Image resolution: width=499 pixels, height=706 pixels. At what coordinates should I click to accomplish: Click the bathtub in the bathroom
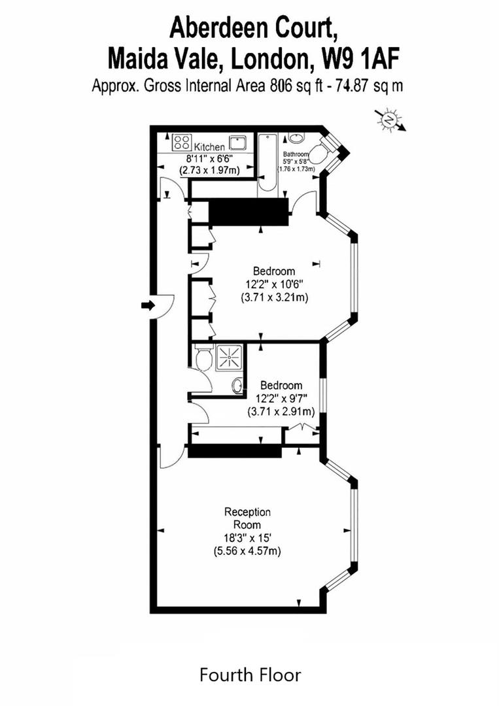pos(268,163)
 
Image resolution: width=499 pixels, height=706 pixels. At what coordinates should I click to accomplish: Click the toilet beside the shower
pos(201,359)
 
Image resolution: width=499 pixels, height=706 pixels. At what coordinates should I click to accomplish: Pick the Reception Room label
pos(247,518)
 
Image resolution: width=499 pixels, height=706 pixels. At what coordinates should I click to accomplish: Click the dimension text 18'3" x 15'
pos(247,538)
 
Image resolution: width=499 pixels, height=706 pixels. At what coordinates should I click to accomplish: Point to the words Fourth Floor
pos(250,674)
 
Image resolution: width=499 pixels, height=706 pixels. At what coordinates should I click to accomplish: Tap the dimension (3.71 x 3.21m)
pos(274,297)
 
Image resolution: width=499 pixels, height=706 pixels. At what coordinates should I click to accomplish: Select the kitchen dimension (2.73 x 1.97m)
pos(209,170)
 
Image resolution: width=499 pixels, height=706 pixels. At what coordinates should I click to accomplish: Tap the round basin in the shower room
pos(236,386)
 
